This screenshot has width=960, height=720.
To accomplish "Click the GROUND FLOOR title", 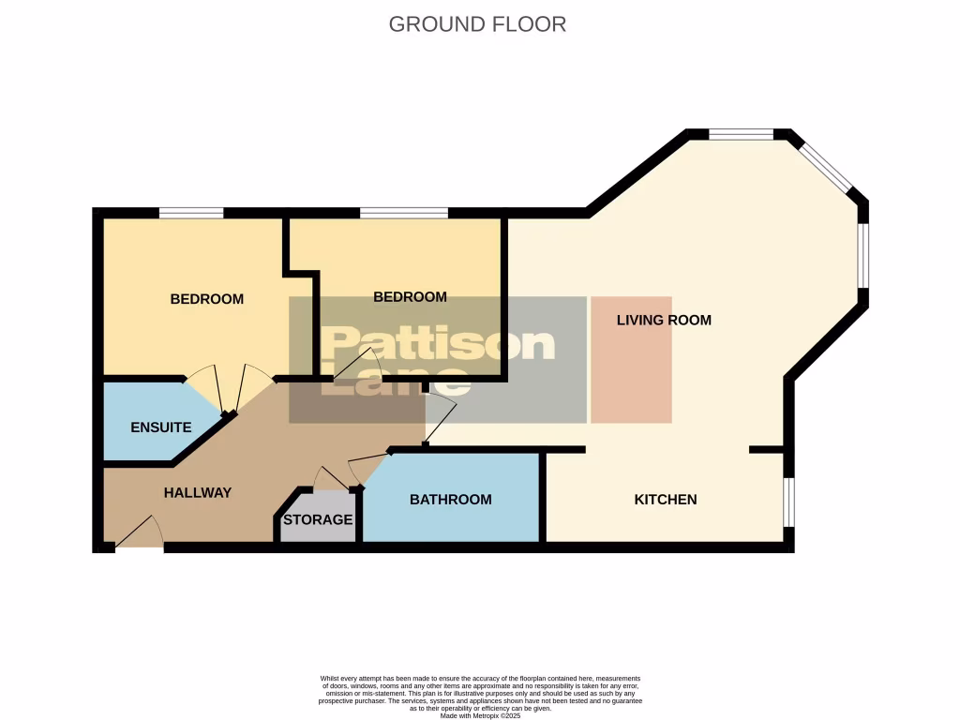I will pos(477,24).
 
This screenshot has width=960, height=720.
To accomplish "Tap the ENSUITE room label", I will pos(161,427).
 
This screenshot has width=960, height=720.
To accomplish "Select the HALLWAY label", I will pos(197,492).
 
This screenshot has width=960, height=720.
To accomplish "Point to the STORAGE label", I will pos(318,519).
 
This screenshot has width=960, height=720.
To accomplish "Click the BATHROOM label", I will pos(450,500).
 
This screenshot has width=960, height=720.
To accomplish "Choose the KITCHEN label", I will pos(666,500).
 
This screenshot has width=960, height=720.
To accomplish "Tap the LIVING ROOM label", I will pos(664,320).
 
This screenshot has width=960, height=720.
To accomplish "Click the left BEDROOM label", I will pos(206,299).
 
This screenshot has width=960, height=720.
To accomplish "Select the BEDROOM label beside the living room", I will pos(410,297).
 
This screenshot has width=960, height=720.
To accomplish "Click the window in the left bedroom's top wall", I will pos(191,213).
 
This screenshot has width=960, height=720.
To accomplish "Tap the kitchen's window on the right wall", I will pos(788,502).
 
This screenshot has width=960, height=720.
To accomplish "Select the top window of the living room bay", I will pos(741,134).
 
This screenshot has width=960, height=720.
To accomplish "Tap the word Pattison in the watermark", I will pos(438,345).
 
